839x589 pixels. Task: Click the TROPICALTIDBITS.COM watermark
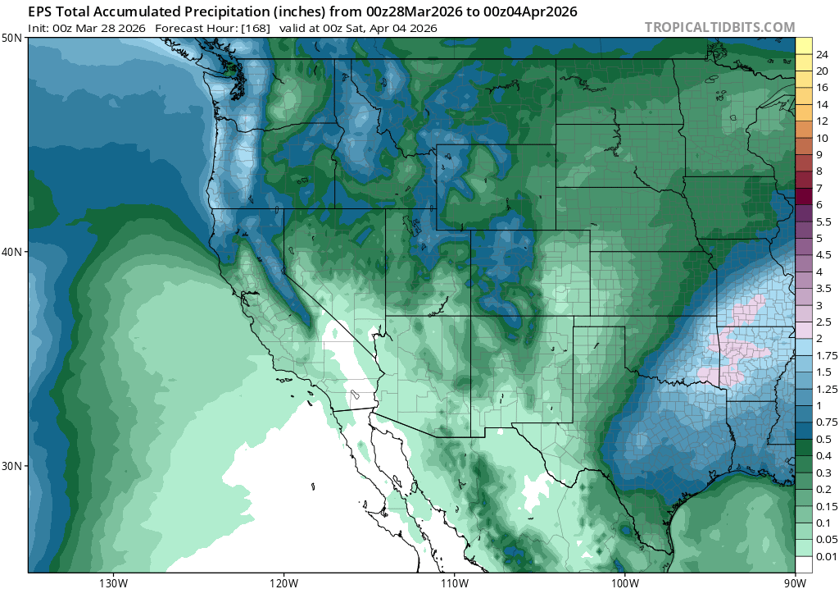(x=719, y=27)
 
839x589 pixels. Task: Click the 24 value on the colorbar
(x=822, y=54)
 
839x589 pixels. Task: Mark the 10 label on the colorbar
(x=822, y=138)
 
